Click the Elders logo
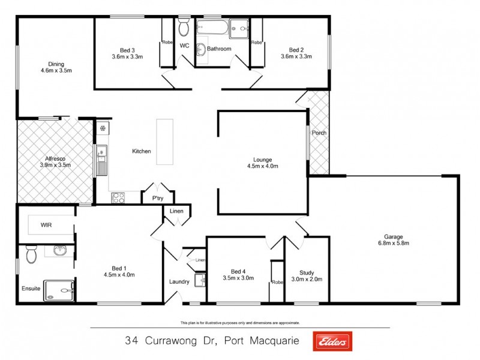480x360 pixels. tap(332, 341)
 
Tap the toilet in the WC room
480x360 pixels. tap(184, 28)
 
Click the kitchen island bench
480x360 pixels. tap(164, 141)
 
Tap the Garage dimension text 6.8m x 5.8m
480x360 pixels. tap(392, 244)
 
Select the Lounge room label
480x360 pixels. tap(263, 159)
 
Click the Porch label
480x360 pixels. tap(319, 133)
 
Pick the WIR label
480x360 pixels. tap(46, 226)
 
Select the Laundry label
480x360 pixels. tap(179, 281)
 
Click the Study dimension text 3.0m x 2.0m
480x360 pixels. tap(307, 279)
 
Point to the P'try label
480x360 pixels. tap(158, 198)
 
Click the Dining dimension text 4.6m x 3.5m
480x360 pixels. tap(56, 71)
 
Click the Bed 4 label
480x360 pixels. tap(238, 272)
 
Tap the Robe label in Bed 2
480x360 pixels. tap(257, 43)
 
